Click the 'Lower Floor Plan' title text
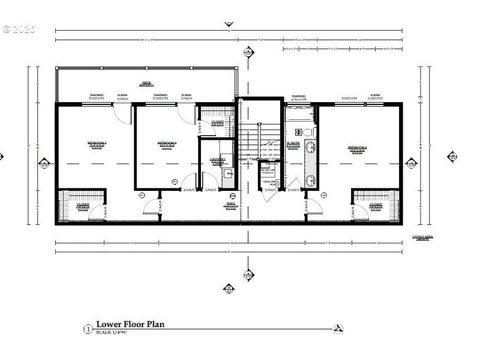[x=130, y=325]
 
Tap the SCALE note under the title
[x=111, y=332]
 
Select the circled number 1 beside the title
[x=88, y=329]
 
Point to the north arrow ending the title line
[x=338, y=329]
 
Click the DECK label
[x=146, y=84]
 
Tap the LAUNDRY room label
[x=217, y=160]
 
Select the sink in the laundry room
[x=227, y=173]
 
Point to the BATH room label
[x=293, y=143]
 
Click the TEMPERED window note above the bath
[x=298, y=96]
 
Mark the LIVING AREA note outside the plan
[x=422, y=238]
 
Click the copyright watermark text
[x=19, y=29]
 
